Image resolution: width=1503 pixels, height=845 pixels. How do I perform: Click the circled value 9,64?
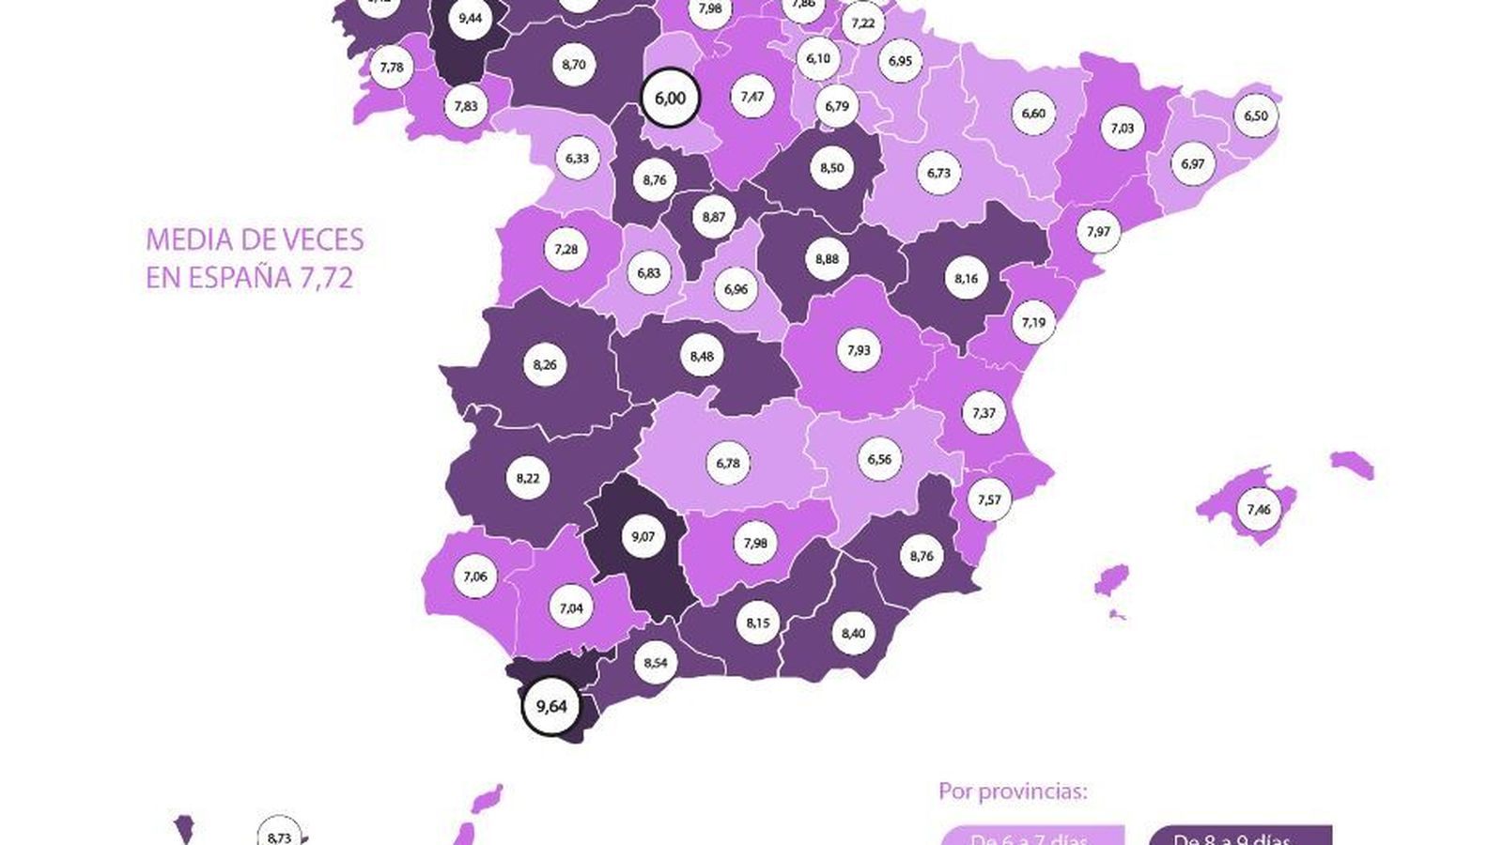click(x=551, y=706)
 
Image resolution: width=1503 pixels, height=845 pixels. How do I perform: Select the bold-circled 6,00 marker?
click(x=670, y=98)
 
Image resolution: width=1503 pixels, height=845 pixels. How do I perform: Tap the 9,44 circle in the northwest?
click(x=470, y=18)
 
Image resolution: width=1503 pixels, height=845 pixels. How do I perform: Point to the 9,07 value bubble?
click(x=643, y=537)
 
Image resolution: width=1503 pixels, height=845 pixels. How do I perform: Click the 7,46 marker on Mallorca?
click(x=1259, y=510)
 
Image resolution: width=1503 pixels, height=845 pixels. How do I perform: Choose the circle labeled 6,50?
click(x=1256, y=116)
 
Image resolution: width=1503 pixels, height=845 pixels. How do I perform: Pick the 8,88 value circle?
click(x=827, y=259)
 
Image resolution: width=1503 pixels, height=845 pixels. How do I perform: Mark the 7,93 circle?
click(x=859, y=350)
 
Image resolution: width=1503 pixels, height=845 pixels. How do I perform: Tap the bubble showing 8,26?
click(x=545, y=365)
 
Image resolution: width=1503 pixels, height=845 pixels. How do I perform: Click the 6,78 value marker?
click(x=728, y=463)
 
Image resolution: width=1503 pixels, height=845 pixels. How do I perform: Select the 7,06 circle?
click(x=475, y=576)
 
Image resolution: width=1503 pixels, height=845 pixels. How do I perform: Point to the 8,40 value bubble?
click(x=853, y=634)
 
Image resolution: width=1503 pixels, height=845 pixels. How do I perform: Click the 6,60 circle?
click(x=1033, y=114)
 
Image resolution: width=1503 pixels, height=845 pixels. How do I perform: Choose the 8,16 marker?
click(x=966, y=279)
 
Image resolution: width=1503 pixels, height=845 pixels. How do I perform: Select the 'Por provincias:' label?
click(x=1013, y=791)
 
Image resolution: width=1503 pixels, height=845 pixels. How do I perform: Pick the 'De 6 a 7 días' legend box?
click(x=1031, y=837)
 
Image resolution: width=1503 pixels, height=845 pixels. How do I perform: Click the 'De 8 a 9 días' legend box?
click(x=1240, y=837)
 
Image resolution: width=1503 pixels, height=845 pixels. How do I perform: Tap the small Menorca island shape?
click(x=1353, y=463)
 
